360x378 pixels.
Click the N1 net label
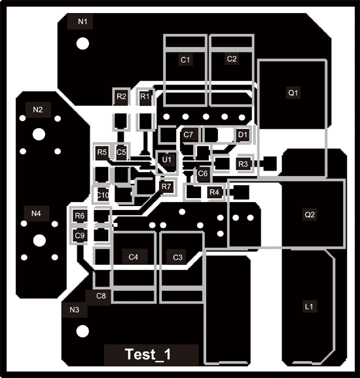82,22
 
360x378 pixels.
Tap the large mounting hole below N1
82,44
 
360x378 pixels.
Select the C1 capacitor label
185,60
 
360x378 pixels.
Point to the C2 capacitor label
232,59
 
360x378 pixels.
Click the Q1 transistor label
293,93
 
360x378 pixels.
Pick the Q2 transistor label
310,215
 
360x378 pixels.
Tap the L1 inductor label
309,307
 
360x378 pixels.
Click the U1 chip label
167,160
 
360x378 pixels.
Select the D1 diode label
243,135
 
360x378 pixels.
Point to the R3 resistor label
243,164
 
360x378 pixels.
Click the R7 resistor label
166,186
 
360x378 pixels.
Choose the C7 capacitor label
189,135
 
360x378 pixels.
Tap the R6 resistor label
80,216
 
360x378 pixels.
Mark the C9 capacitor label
80,235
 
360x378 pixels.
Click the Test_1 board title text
148,354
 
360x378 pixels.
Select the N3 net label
75,310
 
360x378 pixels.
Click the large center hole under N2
39,134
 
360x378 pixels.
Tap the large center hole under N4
39,241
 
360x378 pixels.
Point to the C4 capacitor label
133,257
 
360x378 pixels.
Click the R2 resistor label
121,96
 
